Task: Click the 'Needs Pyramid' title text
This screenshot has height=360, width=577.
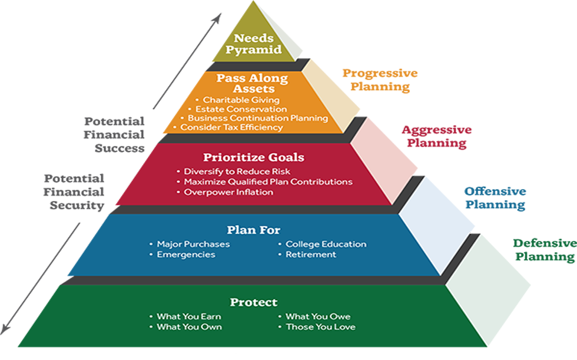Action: pyautogui.click(x=254, y=44)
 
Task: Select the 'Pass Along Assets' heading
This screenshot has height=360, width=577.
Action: pyautogui.click(x=252, y=83)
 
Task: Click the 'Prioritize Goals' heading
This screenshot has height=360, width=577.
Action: pyautogui.click(x=254, y=157)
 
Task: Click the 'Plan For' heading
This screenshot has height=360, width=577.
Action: pyautogui.click(x=254, y=230)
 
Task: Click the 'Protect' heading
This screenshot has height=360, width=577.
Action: pyautogui.click(x=254, y=302)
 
